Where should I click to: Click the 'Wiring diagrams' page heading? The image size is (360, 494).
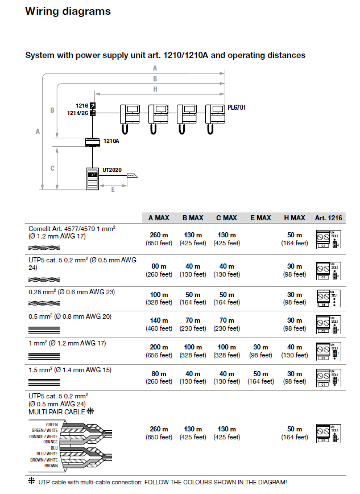(68, 11)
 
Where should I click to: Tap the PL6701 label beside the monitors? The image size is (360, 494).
(237, 107)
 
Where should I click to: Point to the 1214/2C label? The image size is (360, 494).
(77, 113)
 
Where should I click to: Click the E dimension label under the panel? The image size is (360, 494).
(113, 189)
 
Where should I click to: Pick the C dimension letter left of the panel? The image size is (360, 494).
(52, 168)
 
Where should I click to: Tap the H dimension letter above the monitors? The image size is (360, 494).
(155, 89)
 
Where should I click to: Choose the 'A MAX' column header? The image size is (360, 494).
(159, 218)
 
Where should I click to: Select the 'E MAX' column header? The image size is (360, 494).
(260, 218)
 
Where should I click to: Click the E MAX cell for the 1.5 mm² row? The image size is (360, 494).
(260, 378)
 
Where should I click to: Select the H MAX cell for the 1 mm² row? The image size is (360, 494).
(295, 351)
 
